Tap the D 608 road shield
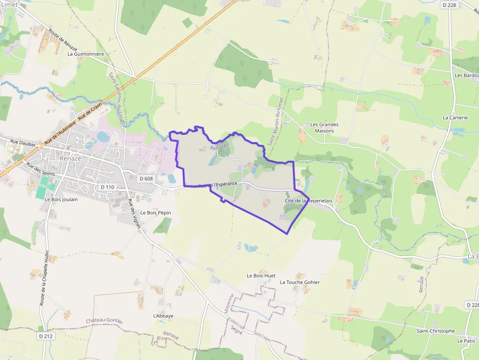tap(146, 179)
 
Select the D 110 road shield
tap(107, 187)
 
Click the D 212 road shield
tap(45, 336)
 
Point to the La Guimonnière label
tap(86, 54)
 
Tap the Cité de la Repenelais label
tap(304, 201)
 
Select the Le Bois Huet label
tap(261, 276)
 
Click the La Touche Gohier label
tap(300, 282)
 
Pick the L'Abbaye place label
tap(163, 316)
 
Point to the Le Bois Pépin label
tap(155, 213)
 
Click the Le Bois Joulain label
tap(61, 199)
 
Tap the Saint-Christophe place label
tap(435, 331)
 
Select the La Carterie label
tap(455, 118)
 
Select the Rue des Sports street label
tap(41, 169)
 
